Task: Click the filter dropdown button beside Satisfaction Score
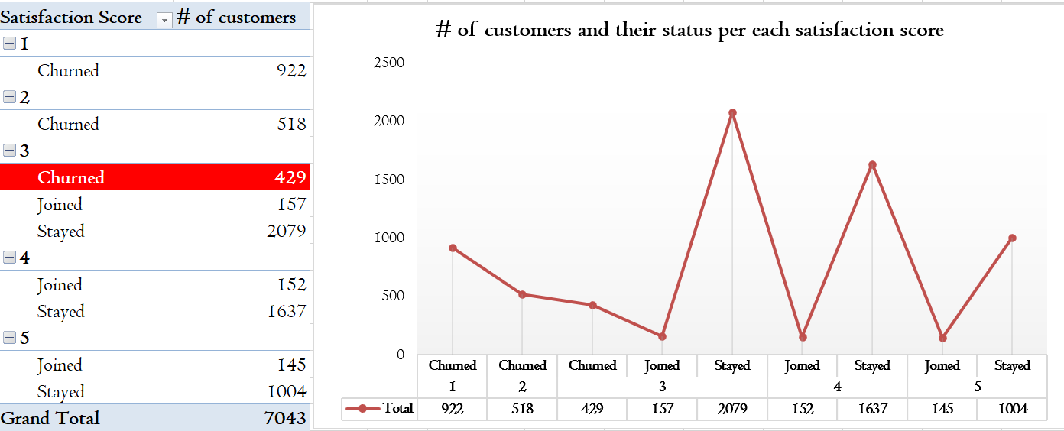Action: coord(164,20)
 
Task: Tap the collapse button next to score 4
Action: coord(9,258)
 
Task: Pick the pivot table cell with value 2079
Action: coord(286,231)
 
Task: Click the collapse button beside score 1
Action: coord(9,44)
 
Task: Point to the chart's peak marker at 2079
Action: coord(732,113)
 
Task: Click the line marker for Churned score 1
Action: coord(453,248)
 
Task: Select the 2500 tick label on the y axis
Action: coord(389,63)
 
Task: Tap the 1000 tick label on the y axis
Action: coord(389,238)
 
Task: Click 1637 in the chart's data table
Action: coord(872,409)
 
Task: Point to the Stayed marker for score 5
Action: coord(1012,238)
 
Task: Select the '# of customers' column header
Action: coord(236,18)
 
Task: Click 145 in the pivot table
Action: coord(291,365)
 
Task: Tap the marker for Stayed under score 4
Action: coord(872,164)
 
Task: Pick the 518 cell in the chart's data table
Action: coord(522,409)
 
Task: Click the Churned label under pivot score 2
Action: coord(69,124)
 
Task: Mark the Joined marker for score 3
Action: coord(662,336)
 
